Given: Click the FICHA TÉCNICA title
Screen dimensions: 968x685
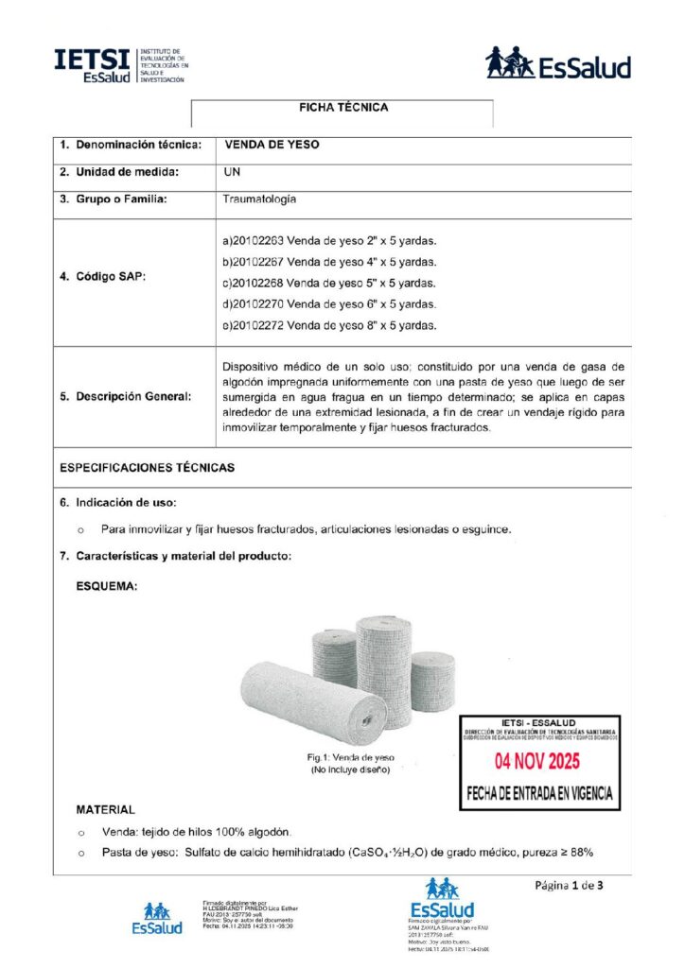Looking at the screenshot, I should [x=342, y=108].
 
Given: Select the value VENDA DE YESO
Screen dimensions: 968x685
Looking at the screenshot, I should [x=272, y=145].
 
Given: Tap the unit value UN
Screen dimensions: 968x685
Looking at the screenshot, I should [x=232, y=172].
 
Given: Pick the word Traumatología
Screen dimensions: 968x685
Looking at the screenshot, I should [x=259, y=199].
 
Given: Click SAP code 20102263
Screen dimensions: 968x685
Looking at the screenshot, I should [x=256, y=241].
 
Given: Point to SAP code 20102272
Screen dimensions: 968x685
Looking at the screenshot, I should [x=256, y=325].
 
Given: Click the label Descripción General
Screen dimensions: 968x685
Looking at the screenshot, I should [x=126, y=397].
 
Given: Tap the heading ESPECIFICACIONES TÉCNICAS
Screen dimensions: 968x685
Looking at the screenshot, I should [x=147, y=467].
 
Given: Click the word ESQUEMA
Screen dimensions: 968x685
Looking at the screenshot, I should [x=107, y=586].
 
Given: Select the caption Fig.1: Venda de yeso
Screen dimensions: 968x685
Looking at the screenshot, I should [x=350, y=758].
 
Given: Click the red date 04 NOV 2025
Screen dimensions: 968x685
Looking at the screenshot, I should [x=538, y=761].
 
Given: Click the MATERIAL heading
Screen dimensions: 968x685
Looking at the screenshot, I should [x=105, y=809].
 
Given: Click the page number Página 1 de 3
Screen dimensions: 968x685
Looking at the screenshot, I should [x=569, y=886].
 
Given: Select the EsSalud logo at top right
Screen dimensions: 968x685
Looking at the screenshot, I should [x=558, y=63].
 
